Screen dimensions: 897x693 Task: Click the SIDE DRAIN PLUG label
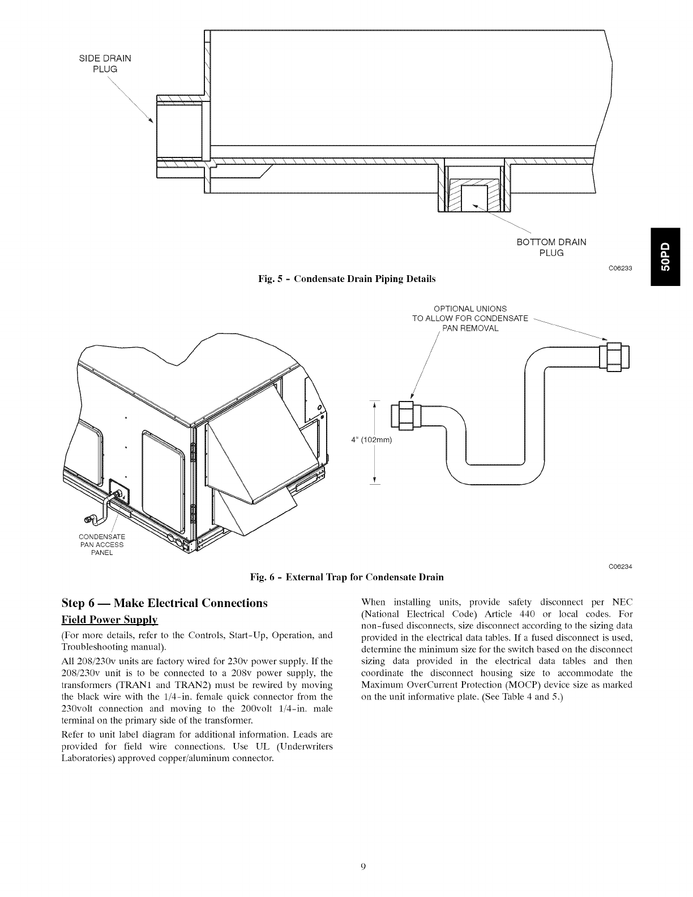point(104,63)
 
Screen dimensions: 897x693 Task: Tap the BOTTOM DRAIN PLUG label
point(551,247)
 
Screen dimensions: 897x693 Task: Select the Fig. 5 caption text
point(346,279)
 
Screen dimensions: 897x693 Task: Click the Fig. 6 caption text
point(346,577)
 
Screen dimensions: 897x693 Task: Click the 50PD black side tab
point(671,257)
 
